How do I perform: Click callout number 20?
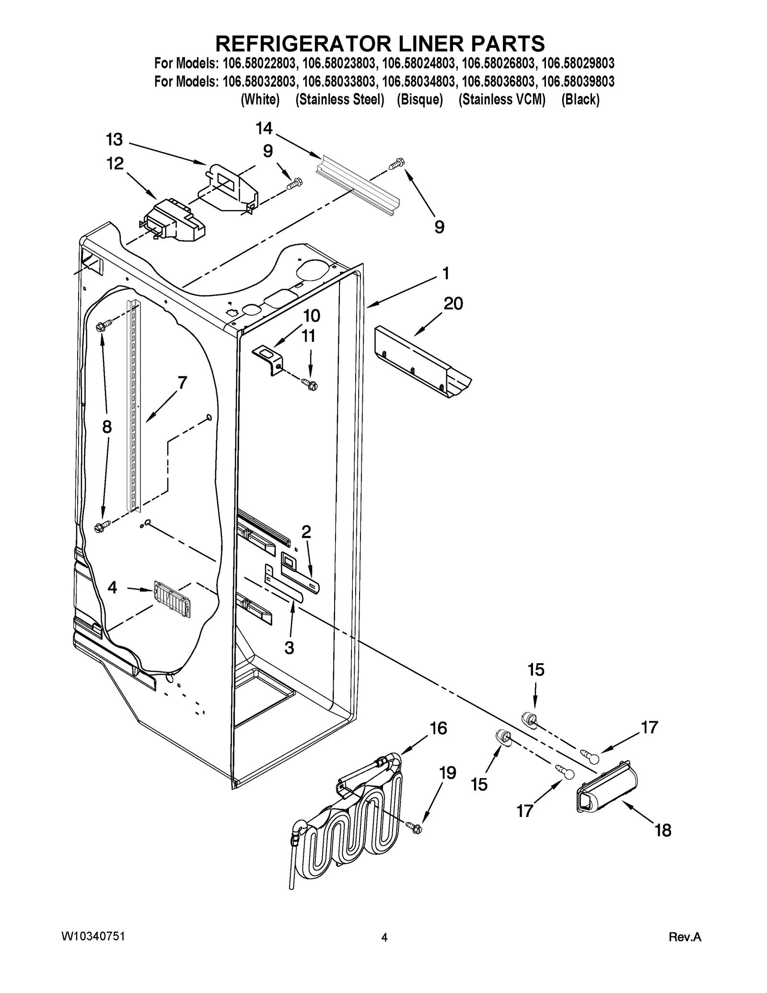[453, 304]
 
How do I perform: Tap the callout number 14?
[264, 129]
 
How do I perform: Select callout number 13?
[114, 140]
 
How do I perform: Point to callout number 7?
[182, 383]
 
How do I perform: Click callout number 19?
[447, 772]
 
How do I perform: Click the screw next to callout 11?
[309, 383]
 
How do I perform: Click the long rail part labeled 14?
[357, 186]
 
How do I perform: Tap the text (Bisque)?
[419, 100]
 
